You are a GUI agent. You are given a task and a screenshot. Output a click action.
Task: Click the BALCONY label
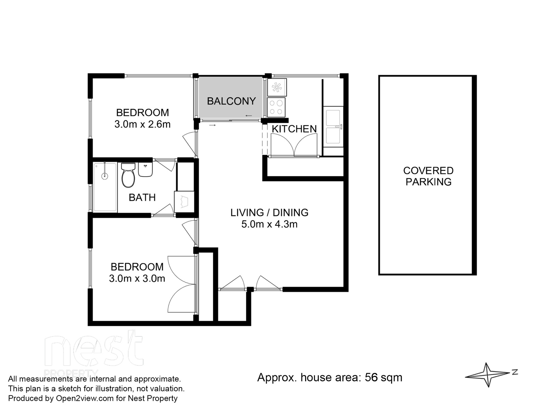231,101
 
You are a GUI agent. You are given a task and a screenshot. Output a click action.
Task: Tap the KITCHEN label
294,129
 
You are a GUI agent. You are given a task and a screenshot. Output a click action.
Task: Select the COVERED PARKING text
428,176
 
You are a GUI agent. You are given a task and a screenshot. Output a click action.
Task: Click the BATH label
142,197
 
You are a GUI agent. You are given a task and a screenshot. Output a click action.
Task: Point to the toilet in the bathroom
128,175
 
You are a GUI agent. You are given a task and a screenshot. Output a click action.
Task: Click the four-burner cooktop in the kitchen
276,107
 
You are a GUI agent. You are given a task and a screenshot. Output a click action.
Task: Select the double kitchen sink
333,127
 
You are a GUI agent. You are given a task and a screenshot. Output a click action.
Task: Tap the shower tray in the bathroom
105,187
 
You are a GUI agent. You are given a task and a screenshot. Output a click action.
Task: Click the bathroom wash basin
145,170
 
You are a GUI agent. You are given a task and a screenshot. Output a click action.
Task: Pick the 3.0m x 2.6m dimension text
142,124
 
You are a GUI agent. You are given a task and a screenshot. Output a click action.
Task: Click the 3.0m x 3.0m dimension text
137,278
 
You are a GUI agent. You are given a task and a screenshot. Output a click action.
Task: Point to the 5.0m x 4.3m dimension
269,224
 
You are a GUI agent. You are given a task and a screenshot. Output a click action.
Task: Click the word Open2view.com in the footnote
85,398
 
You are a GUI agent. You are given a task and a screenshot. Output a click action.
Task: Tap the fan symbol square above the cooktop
277,87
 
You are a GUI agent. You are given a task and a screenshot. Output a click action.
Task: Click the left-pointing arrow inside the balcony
248,115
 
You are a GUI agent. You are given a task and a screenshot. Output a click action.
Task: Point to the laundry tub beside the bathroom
184,202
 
